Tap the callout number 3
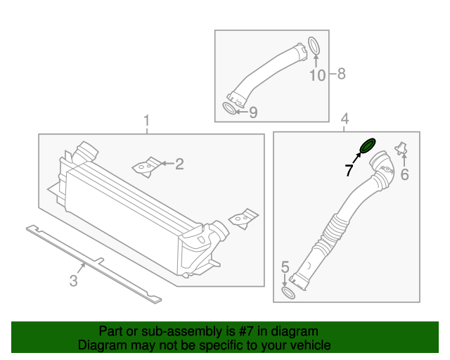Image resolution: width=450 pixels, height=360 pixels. tap(73, 282)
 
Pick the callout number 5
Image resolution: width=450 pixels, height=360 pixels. tap(285, 267)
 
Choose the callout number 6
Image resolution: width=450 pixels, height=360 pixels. tap(404, 175)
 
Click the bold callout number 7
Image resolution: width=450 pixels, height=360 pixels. tap(348, 170)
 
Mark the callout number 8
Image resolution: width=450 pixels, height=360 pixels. tap(342, 74)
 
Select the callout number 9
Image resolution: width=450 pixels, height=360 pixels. tap(253, 112)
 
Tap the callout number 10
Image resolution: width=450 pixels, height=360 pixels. tap(318, 75)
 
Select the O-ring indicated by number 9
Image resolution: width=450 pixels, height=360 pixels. tap(230, 108)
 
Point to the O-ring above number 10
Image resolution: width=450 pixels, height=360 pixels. tap(316, 47)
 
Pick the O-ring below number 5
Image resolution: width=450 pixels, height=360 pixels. tap(288, 292)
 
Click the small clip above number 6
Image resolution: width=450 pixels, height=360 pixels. tap(402, 148)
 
